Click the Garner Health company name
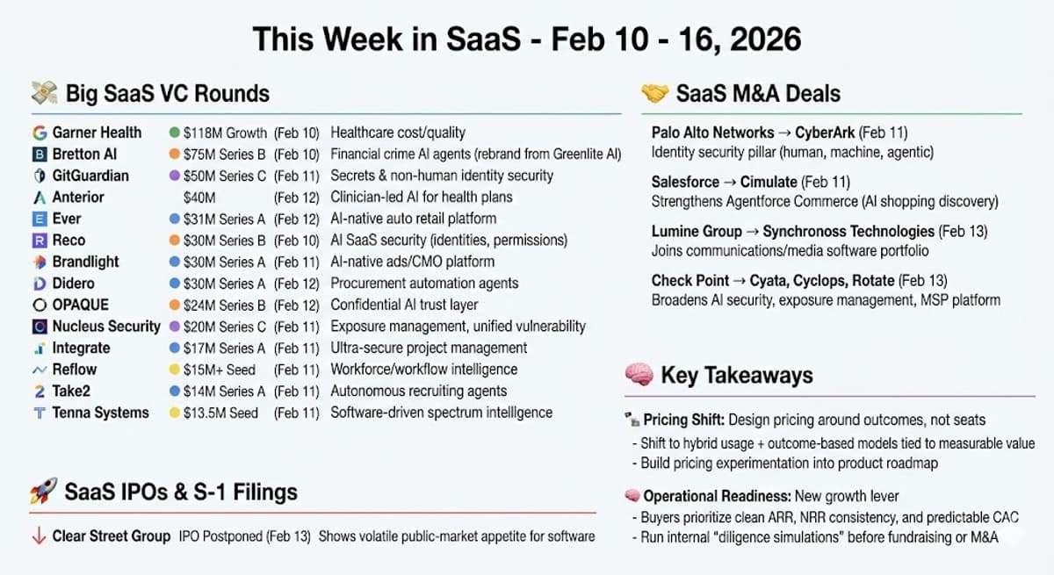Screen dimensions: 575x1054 97,133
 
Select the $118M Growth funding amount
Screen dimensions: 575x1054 225,133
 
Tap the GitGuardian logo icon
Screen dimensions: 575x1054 39,176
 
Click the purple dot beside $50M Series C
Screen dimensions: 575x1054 175,176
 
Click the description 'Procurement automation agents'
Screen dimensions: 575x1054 424,284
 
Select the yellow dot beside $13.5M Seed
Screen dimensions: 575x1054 175,413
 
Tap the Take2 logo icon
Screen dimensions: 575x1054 39,392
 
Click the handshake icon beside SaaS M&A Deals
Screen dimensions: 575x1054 655,93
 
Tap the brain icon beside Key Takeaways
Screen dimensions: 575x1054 639,376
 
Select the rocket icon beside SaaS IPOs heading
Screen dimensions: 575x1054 44,492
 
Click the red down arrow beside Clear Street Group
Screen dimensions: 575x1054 39,535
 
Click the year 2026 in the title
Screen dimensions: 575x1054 760,40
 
